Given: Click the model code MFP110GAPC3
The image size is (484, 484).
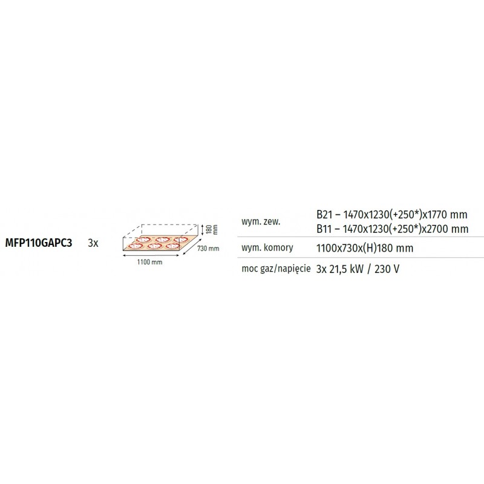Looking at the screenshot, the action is point(39,243).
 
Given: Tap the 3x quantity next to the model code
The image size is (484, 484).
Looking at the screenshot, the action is point(93,243).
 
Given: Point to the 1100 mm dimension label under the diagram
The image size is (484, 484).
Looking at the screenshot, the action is point(149,262).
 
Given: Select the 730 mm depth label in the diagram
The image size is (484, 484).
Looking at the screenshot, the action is point(208,249).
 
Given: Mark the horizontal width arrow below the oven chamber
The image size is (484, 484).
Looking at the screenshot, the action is point(151,255).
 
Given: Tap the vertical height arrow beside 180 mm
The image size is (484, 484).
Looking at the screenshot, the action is point(202,230).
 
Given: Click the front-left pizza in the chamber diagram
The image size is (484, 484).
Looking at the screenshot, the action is point(135,246).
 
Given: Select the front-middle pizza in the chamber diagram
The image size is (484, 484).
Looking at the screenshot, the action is point(153,246).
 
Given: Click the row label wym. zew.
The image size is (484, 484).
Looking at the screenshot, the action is point(261,221).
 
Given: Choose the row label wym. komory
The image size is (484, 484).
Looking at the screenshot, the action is point(267,247).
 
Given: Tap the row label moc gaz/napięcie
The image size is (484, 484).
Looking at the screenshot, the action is point(276,269).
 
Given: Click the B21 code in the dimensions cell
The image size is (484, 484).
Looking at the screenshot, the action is point(324,215).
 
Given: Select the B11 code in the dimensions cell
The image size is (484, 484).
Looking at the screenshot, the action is point(324,229).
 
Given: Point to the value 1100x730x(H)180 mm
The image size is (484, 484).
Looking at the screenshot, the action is point(365,248).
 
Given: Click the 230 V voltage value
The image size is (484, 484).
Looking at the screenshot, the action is point(387,269).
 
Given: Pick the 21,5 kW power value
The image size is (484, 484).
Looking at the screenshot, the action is point(346,269).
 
